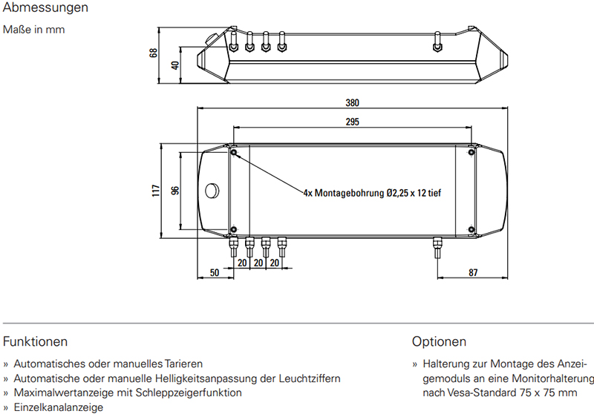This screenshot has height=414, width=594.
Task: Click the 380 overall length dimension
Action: [352, 103]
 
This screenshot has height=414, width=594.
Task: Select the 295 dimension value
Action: [352, 122]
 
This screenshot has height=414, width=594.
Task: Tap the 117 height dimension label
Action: [156, 191]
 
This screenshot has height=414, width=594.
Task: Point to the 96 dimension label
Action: [175, 191]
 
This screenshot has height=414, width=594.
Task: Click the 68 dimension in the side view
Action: [153, 53]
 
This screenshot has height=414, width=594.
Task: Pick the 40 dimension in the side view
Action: [174, 65]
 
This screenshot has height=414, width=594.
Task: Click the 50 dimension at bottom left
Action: [215, 272]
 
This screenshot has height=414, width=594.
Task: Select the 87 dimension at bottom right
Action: [473, 272]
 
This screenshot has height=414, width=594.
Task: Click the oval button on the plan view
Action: [212, 191]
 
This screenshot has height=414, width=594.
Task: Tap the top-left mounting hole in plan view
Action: [234, 152]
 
